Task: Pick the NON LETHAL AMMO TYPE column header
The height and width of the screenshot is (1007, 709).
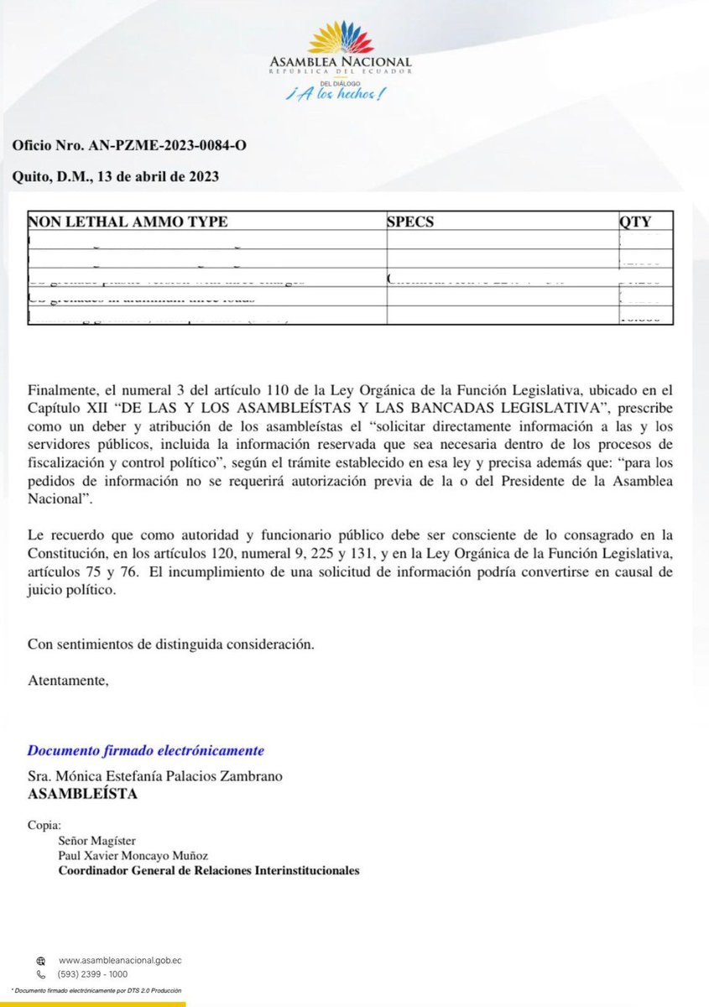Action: coord(128,222)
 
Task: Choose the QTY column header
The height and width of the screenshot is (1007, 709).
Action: coord(634,222)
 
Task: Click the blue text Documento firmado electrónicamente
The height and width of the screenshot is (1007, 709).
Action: coord(146,749)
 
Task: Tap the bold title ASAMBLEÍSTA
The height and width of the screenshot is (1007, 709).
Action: coord(82,793)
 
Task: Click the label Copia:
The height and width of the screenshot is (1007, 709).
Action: coord(44,824)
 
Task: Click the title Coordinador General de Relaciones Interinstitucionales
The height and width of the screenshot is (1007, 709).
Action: coord(208,870)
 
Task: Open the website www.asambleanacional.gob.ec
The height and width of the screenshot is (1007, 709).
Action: coord(121,961)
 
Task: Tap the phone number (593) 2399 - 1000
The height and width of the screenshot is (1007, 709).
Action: coord(92,974)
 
